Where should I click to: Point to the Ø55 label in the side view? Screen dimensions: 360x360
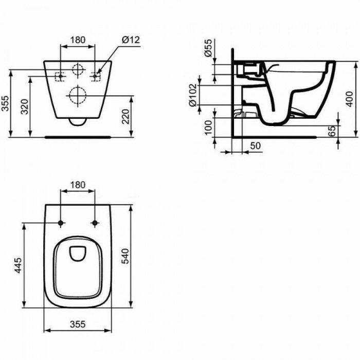click(x=208, y=50)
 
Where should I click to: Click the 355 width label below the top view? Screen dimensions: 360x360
click(x=77, y=325)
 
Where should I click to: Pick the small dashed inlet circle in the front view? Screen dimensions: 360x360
click(x=78, y=70)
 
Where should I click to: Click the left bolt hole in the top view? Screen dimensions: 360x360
click(x=61, y=223)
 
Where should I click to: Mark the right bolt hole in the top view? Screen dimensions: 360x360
click(x=95, y=223)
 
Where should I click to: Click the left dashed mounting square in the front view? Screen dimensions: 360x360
click(x=61, y=76)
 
